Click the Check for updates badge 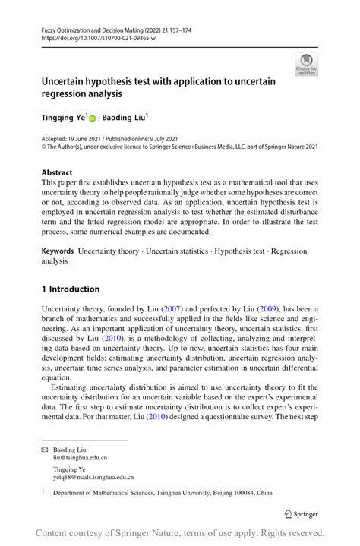[306, 64]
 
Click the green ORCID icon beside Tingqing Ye [93, 118]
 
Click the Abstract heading [57, 172]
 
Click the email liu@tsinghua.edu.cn [80, 459]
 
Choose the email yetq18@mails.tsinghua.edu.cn [93, 477]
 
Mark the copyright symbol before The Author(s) [44, 148]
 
